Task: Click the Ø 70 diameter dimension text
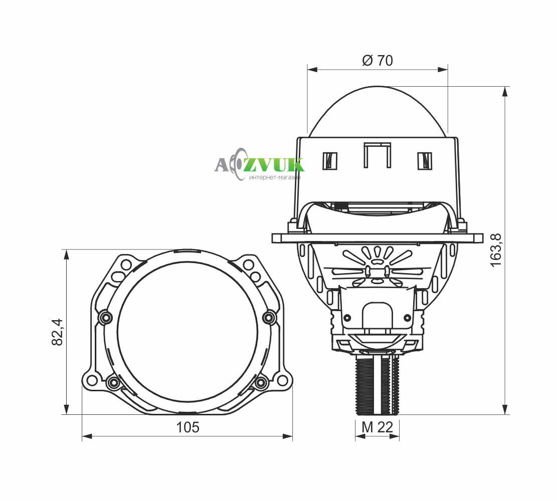(x=377, y=61)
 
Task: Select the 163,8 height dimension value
(x=496, y=249)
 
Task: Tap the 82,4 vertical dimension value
(x=58, y=332)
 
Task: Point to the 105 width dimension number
(x=188, y=427)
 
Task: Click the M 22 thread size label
(x=377, y=427)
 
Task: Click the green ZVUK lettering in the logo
(x=277, y=165)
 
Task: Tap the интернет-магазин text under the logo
(x=275, y=177)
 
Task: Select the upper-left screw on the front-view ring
(x=105, y=317)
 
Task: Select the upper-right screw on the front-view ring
(x=269, y=317)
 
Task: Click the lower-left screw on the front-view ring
(x=114, y=383)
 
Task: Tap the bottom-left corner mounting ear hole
(x=92, y=380)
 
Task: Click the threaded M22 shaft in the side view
(x=377, y=386)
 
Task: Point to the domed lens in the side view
(x=377, y=113)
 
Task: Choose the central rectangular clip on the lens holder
(x=377, y=155)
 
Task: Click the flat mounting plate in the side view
(x=377, y=238)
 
